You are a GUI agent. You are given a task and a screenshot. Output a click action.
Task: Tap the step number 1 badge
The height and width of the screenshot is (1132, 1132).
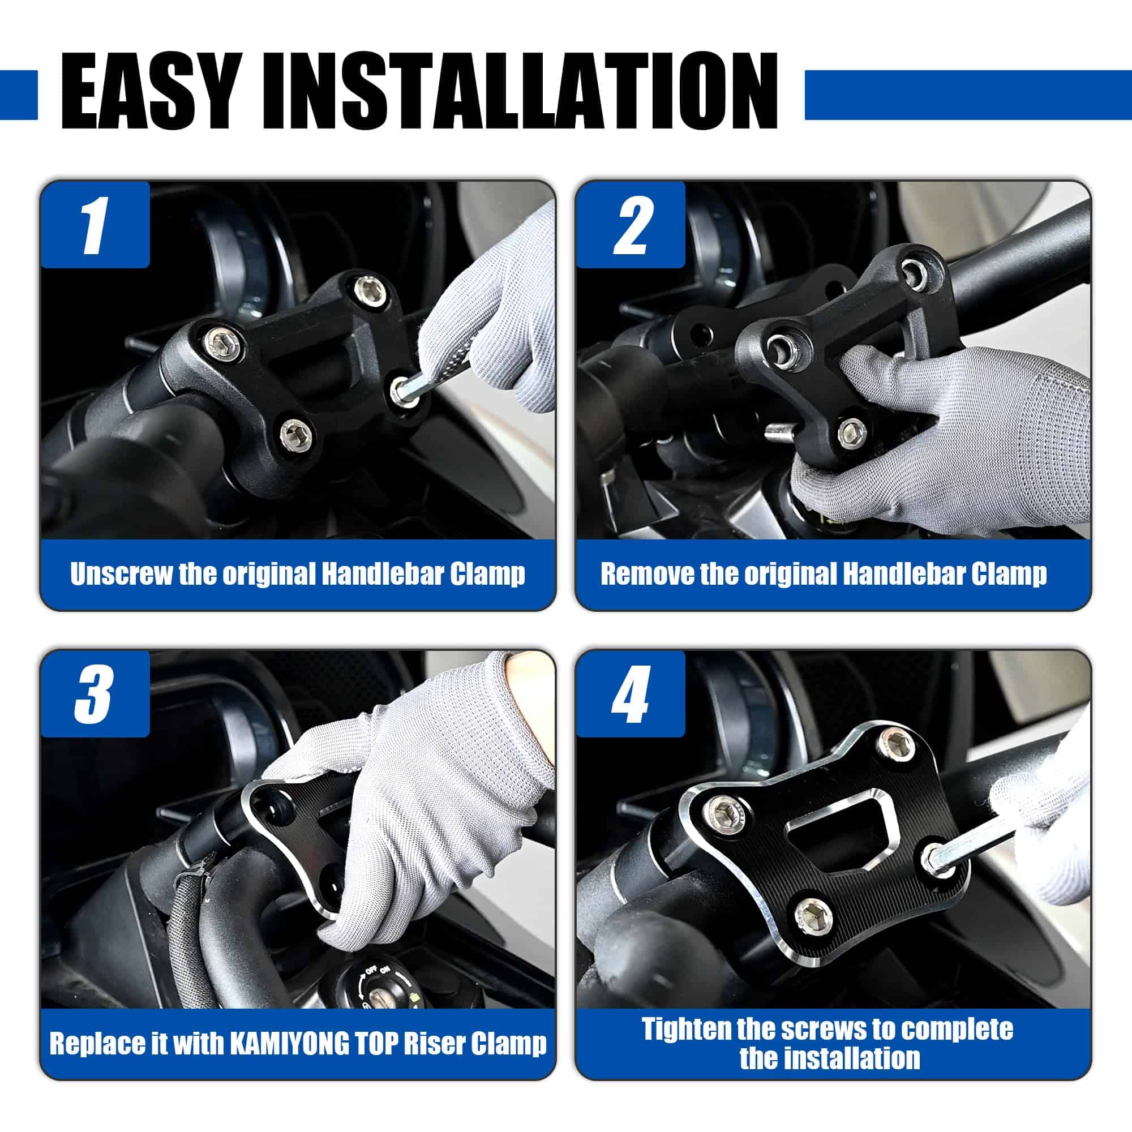click(x=95, y=225)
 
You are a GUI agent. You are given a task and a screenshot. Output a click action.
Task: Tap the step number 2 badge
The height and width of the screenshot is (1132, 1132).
click(x=631, y=225)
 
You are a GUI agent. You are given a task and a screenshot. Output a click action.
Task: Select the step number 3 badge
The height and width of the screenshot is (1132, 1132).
click(x=95, y=694)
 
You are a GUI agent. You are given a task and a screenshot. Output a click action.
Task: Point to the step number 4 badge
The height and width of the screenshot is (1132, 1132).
click(x=631, y=694)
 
